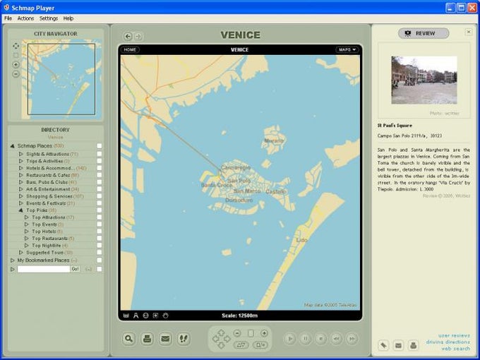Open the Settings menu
(49, 18)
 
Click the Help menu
(68, 18)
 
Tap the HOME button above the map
(129, 49)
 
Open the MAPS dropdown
(347, 49)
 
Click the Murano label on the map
(273, 140)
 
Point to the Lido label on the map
(301, 240)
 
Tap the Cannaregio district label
(236, 167)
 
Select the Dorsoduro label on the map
(238, 200)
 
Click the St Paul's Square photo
(424, 80)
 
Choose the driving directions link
(449, 342)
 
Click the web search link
(455, 348)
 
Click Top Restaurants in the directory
(52, 238)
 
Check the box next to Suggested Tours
(100, 252)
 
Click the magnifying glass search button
(129, 339)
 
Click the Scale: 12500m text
(239, 316)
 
